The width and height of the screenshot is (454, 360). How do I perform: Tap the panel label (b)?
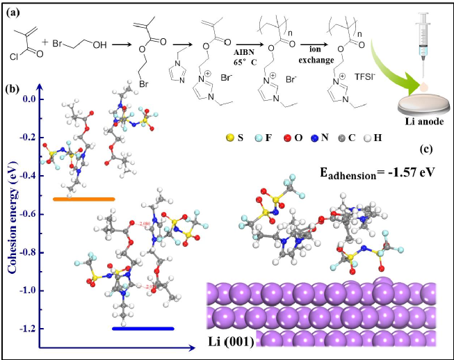pos(13,90)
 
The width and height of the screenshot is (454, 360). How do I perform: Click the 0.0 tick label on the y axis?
pos(26,99)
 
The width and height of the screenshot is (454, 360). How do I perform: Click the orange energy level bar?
pos(83,199)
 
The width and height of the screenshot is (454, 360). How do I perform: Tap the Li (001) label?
pos(232,341)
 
